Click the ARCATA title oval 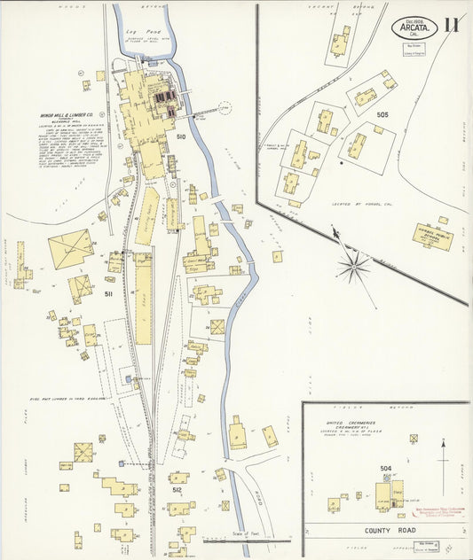pyautogui.click(x=414, y=27)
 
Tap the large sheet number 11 pyautogui.click(x=452, y=24)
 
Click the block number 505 pyautogui.click(x=382, y=114)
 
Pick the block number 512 pyautogui.click(x=177, y=489)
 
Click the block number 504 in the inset pyautogui.click(x=385, y=468)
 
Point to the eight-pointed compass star pyautogui.click(x=353, y=265)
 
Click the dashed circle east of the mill pyautogui.click(x=224, y=109)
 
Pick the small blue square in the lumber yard pyautogui.click(x=130, y=378)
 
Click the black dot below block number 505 pyautogui.click(x=342, y=163)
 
